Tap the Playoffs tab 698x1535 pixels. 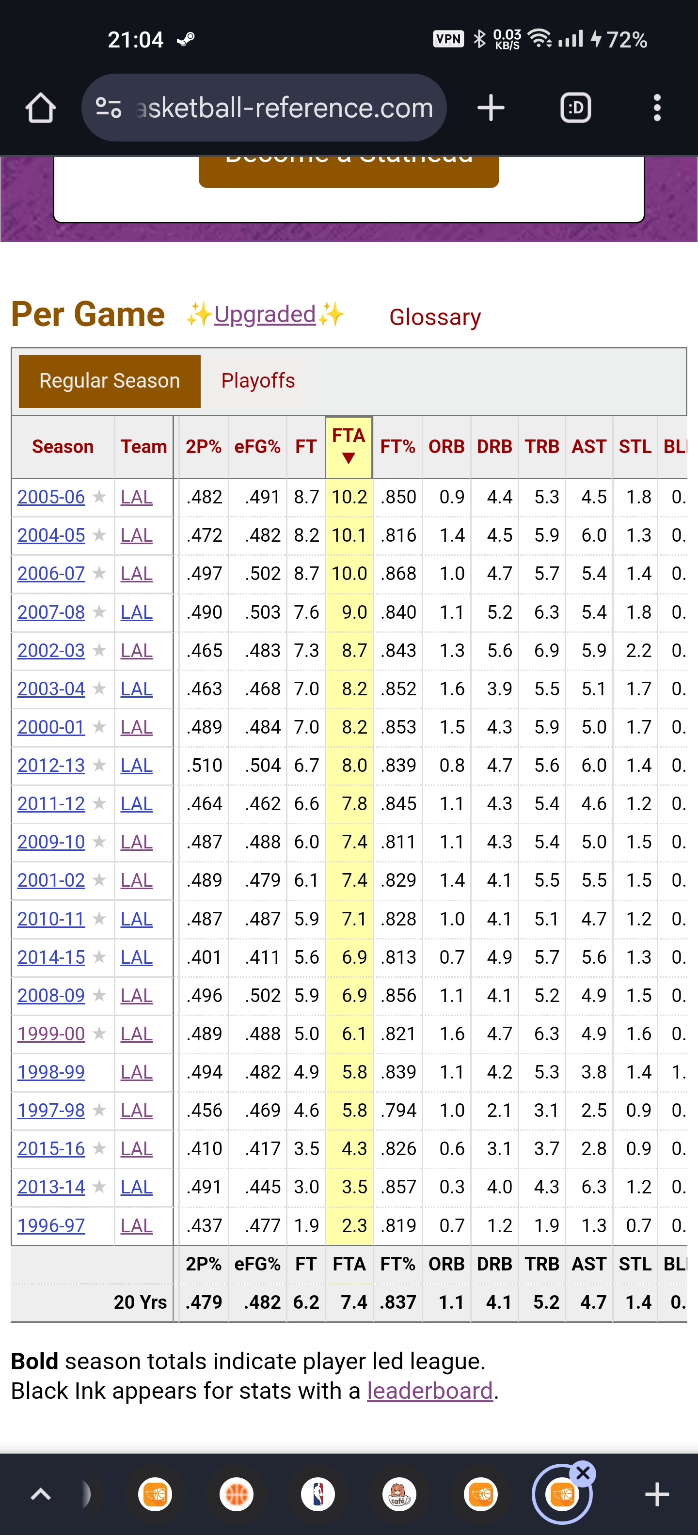[257, 381]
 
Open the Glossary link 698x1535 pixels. [434, 317]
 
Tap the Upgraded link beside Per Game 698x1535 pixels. [265, 314]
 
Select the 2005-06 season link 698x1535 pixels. [51, 497]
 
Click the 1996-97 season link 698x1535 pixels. [51, 1226]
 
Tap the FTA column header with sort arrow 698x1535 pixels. [349, 446]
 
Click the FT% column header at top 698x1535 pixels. [397, 446]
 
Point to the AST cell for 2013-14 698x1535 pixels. [594, 1187]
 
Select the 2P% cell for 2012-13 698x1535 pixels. [205, 765]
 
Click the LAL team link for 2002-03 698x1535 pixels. [137, 650]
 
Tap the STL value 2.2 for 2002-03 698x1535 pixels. [638, 650]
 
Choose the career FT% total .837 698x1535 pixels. [397, 1302]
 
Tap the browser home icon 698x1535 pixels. [41, 108]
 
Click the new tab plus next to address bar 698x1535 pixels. [491, 108]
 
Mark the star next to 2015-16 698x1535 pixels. [99, 1148]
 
